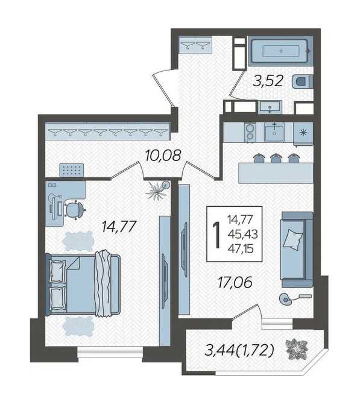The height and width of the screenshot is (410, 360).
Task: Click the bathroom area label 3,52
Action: coord(268,81)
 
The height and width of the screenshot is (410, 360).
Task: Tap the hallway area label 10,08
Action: coord(163,156)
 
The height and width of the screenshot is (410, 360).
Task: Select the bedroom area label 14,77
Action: coord(119,226)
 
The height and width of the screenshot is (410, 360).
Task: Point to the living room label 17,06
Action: coord(235,282)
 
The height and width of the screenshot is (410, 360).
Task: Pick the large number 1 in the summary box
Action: coord(216,235)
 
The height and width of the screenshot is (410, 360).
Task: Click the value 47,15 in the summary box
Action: coord(241,248)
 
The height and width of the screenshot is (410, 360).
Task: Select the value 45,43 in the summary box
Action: coord(242,234)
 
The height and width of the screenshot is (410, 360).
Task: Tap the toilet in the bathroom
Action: coord(303,81)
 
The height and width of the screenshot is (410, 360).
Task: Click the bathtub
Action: coord(281,51)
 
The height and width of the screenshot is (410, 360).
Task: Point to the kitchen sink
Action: coord(274,133)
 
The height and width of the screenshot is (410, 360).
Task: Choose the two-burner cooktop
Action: coord(250,133)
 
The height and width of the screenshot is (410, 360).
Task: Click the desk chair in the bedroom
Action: coord(75,209)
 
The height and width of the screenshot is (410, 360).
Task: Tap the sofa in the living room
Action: coord(297,250)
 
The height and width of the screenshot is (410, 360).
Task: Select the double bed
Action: coord(83,284)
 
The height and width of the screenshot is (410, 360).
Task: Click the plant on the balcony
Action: coord(297,349)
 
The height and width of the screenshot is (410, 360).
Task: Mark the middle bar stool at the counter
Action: coord(276,158)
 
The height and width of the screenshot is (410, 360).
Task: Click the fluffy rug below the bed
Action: coord(78,326)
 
